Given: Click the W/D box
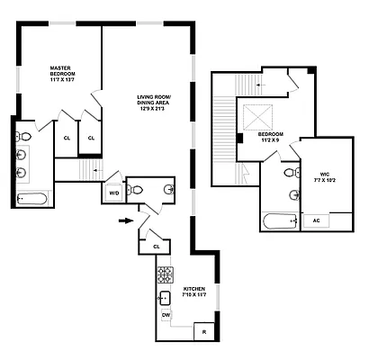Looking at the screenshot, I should pos(114,193).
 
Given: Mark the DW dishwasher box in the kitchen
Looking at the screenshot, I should pos(166,315).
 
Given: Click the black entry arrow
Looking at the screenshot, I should pos(125,219).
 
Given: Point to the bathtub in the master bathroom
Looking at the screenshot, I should pos(33,199).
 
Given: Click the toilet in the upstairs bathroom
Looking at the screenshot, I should pos(289,173).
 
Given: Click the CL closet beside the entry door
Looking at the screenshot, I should pos(157,245).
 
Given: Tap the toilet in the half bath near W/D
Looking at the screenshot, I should pos(135,189).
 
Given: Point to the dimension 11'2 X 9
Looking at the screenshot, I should pos(269,142).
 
